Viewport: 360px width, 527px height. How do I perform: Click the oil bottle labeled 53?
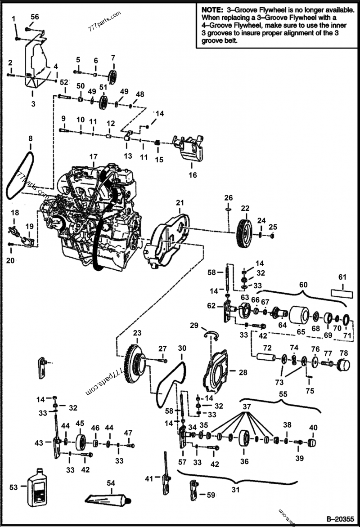[x=37, y=487]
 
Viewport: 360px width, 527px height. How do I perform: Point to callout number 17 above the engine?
[x=93, y=157]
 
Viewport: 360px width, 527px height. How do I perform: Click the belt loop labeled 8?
[x=19, y=175]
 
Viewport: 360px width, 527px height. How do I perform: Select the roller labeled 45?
[x=81, y=442]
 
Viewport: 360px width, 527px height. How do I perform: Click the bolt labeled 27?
[x=162, y=360]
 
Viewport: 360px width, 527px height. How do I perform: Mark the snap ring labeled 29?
[x=211, y=333]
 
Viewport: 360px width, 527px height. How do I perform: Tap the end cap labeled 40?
[x=312, y=442]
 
